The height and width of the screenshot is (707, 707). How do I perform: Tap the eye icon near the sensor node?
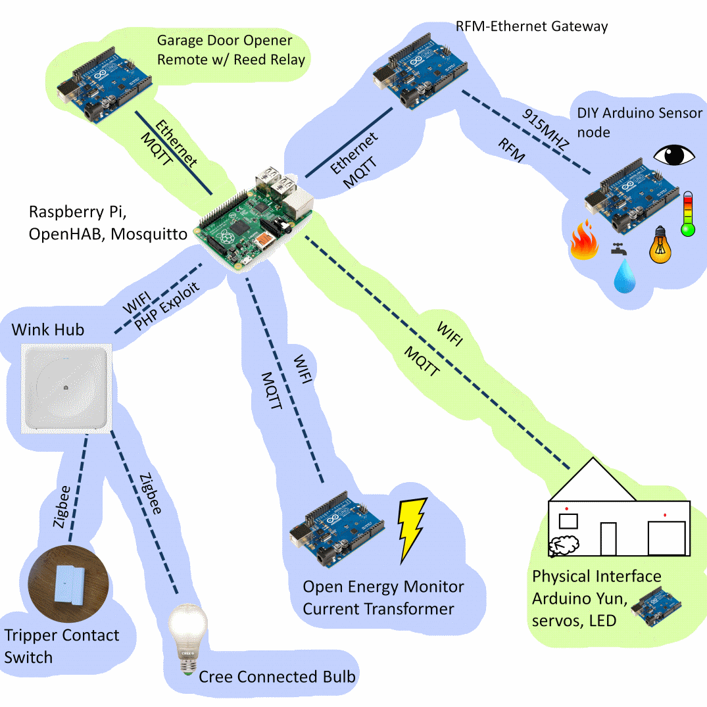(x=673, y=155)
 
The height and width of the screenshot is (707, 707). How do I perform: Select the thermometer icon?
(x=688, y=214)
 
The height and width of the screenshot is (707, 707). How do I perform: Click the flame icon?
(x=583, y=241)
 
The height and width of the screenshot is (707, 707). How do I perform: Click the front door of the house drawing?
(x=609, y=539)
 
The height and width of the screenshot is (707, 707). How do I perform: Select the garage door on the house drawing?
(x=666, y=538)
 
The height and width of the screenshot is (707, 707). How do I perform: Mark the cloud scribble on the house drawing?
(x=564, y=545)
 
